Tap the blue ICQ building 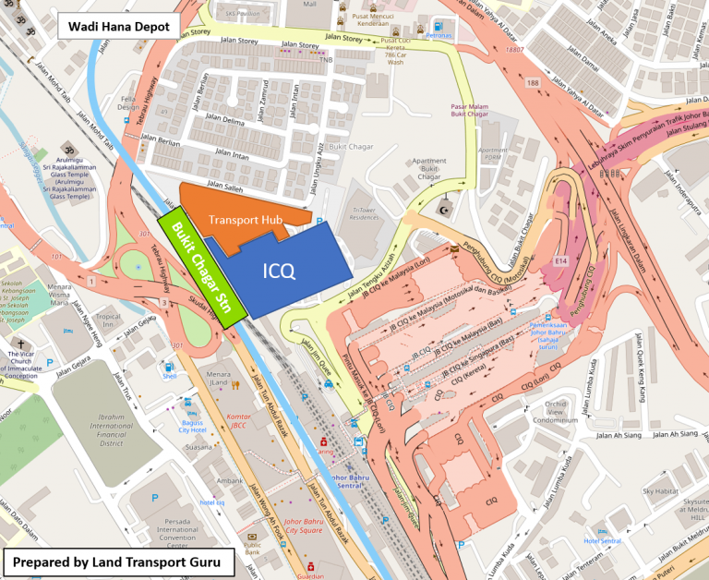coord(278,270)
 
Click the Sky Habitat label coord(659,490)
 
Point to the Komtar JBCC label coord(239,422)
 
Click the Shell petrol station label coord(168,375)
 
